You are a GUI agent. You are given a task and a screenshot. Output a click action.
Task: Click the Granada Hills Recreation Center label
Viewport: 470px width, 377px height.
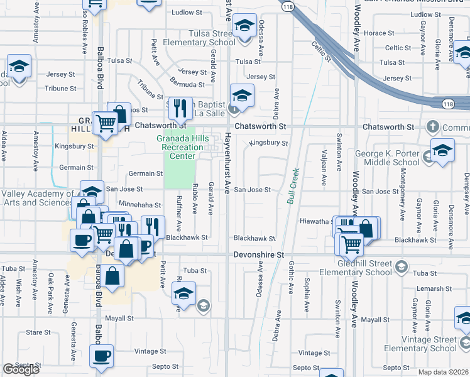click(x=182, y=147)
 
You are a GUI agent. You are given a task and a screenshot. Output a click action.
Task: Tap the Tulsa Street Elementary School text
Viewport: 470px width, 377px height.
click(x=199, y=38)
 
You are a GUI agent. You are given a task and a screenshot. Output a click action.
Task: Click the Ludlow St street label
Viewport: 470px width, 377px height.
click(x=187, y=12)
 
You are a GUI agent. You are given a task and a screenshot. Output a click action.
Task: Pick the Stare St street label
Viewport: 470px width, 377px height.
click(x=38, y=332)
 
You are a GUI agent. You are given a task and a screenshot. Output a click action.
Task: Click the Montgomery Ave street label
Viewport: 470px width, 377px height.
click(x=402, y=203)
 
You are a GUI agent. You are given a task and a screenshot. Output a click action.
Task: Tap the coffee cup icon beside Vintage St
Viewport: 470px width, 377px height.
click(x=101, y=356)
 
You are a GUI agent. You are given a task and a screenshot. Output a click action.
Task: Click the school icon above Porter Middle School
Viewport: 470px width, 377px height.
click(x=442, y=151)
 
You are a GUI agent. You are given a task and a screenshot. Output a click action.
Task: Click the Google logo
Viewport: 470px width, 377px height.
click(x=21, y=369)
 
